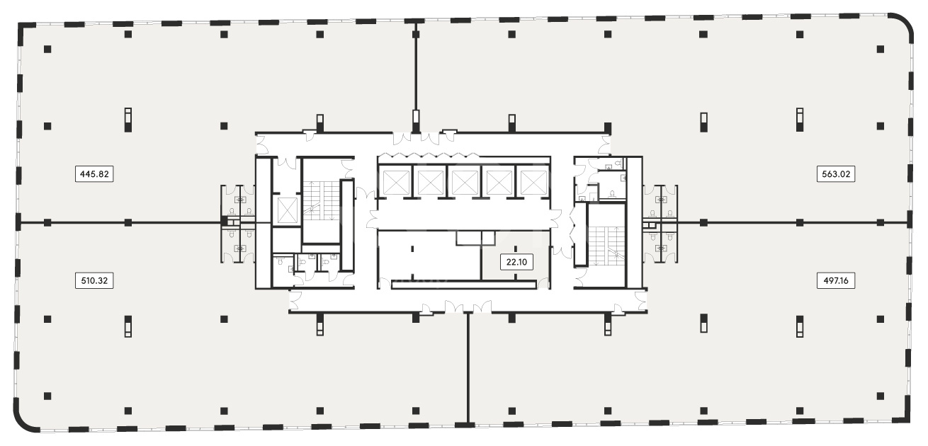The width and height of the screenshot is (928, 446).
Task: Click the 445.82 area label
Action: click(94, 174)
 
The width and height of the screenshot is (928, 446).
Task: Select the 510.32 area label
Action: click(94, 281)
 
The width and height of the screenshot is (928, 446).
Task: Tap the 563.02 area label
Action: click(836, 174)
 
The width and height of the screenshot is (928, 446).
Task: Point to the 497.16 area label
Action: click(836, 281)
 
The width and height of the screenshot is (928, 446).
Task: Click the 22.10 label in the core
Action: click(516, 262)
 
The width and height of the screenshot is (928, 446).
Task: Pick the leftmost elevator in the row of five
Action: click(397, 183)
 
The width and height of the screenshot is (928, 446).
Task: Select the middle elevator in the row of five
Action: click(465, 183)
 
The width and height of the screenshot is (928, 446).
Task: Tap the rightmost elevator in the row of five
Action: click(533, 183)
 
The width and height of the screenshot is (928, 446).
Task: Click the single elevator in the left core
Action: click(287, 210)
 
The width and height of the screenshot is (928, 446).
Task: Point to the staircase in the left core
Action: click(322, 200)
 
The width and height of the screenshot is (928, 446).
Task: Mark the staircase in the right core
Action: click(606, 246)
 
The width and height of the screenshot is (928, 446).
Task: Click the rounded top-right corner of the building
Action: click(903, 23)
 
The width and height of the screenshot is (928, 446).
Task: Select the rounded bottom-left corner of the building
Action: click(23, 421)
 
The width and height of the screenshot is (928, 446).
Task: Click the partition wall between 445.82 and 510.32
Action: click(120, 223)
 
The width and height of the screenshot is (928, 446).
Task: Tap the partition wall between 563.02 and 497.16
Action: click(793, 223)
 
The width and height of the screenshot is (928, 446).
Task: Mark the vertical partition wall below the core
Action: click(468, 369)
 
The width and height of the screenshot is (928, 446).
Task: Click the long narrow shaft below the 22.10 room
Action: click(464, 285)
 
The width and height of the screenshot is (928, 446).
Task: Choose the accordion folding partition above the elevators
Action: click(428, 155)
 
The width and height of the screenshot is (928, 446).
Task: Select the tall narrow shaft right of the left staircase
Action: click(346, 226)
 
